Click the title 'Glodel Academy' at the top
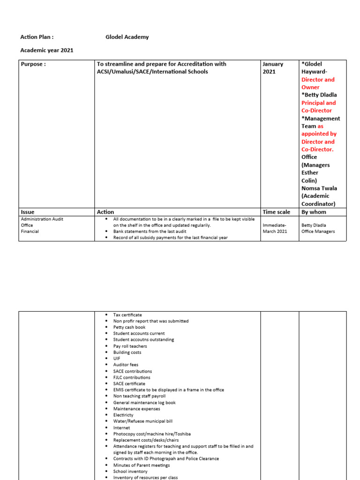[x=127, y=37]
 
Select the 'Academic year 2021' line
[x=47, y=50]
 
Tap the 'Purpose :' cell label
[x=33, y=64]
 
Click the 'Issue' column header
[x=28, y=212]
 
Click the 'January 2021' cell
[x=273, y=68]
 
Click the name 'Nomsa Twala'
[x=319, y=188]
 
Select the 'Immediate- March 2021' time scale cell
[x=275, y=228]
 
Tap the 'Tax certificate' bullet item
[x=127, y=315]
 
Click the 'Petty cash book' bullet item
[x=129, y=327]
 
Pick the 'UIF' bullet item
[x=117, y=359]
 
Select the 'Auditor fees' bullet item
[x=126, y=365]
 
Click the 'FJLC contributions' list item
[x=132, y=377]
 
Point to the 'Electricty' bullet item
[x=123, y=415]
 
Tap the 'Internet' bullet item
[x=121, y=427]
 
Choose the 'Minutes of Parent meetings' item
[x=142, y=465]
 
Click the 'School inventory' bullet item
[x=130, y=471]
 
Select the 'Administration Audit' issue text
[x=42, y=219]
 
